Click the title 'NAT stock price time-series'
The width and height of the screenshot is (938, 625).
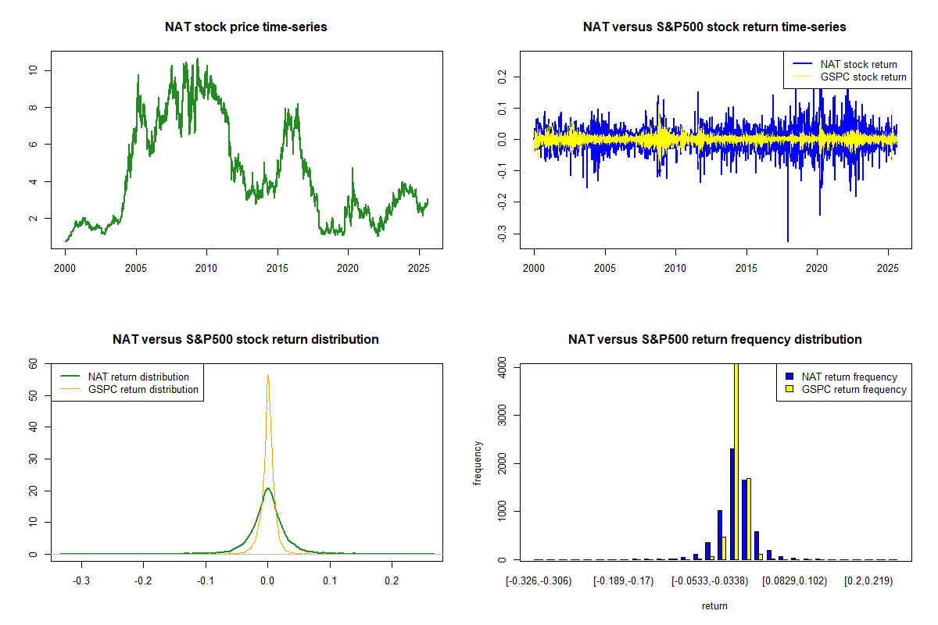(x=245, y=27)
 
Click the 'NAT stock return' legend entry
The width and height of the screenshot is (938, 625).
(x=858, y=64)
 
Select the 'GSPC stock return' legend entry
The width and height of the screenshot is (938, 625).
(x=863, y=77)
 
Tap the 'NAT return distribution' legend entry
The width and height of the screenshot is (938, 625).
(x=138, y=377)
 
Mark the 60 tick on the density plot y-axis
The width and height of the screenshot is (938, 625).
(x=33, y=364)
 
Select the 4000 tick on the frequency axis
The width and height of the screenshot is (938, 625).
(x=501, y=366)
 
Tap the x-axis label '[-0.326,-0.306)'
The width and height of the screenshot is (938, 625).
(x=539, y=581)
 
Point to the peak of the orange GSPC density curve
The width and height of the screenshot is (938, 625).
(x=268, y=376)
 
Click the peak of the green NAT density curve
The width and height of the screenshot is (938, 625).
(x=268, y=489)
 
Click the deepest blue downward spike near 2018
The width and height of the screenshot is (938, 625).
(x=787, y=241)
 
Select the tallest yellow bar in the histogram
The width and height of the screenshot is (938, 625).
(x=736, y=461)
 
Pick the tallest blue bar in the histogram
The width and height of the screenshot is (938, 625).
(x=732, y=504)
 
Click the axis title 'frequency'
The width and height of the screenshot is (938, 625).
(x=478, y=462)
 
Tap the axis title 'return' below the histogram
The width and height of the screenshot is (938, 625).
(x=714, y=605)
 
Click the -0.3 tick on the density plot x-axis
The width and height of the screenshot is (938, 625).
(x=81, y=581)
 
